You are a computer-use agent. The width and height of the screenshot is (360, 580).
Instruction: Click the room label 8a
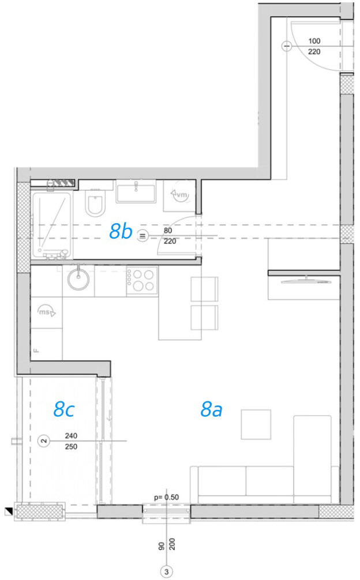(x=211, y=409)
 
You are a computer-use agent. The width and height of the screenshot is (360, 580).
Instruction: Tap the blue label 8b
(x=121, y=232)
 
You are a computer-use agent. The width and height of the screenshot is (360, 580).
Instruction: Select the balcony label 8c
(x=64, y=409)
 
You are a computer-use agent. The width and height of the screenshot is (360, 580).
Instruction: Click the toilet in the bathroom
(x=95, y=202)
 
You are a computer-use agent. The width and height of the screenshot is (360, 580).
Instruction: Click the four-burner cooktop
(x=142, y=281)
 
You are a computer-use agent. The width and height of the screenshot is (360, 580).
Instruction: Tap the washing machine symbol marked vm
(x=179, y=194)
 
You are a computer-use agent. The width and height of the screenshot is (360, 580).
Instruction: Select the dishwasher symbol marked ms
(x=46, y=312)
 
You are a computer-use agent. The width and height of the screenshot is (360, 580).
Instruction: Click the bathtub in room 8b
(x=51, y=225)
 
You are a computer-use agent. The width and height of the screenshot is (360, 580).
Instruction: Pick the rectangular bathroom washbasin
(x=136, y=191)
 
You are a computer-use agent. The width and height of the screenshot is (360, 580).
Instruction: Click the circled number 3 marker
(x=167, y=572)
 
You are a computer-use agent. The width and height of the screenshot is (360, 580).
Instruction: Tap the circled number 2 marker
(x=44, y=441)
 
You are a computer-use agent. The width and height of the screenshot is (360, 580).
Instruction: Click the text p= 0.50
(x=167, y=498)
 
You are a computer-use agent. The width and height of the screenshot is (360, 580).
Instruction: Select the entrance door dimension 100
(x=314, y=41)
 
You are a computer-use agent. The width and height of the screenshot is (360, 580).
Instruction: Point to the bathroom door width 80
(x=168, y=231)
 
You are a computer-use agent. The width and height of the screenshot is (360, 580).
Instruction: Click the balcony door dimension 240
(x=71, y=436)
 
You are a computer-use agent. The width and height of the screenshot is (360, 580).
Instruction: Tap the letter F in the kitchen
(x=36, y=351)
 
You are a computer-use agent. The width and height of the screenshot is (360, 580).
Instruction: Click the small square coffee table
(x=256, y=424)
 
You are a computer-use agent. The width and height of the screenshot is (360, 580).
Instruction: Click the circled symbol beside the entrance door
(x=287, y=46)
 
